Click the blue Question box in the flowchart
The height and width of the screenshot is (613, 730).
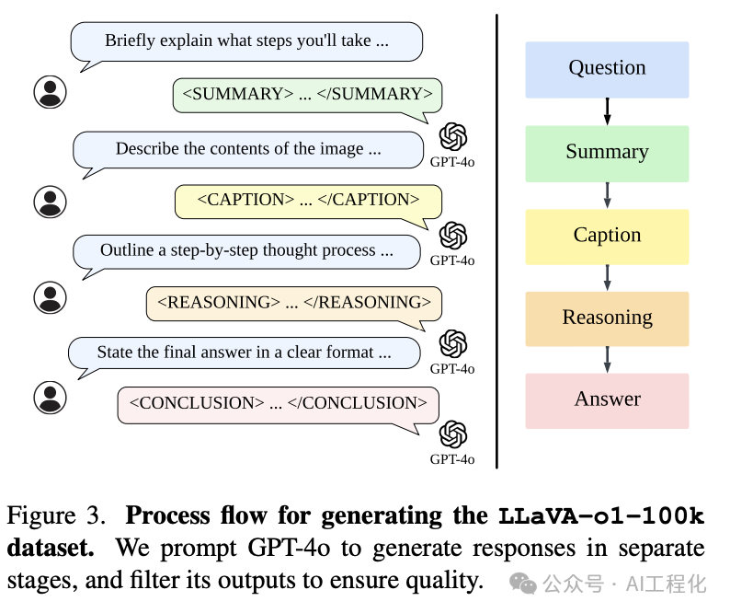tap(607, 69)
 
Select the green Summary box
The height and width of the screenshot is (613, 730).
tap(607, 153)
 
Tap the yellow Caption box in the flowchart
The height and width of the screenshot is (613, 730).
tap(607, 236)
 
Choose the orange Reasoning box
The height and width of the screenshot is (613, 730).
tap(607, 318)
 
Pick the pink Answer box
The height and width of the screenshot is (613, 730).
tap(607, 400)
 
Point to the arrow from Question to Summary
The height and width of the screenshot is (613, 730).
tap(607, 111)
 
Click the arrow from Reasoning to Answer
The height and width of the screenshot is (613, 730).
tap(607, 360)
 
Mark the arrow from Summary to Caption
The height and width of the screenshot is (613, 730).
tap(607, 195)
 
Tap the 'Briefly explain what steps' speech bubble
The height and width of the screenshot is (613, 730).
tap(246, 41)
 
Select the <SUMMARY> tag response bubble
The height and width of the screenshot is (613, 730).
tap(307, 95)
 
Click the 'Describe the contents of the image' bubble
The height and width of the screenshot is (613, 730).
tap(247, 149)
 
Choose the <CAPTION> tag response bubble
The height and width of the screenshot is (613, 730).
tap(308, 201)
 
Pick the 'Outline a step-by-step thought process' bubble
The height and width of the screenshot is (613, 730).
tap(246, 251)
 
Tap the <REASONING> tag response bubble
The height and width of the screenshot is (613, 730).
tap(294, 303)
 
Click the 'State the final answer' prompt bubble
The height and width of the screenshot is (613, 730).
tap(244, 353)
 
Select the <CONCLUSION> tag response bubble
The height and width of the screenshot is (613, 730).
tap(278, 404)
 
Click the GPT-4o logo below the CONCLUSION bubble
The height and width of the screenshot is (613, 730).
tap(452, 434)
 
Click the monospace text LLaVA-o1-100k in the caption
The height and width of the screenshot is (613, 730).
tap(601, 516)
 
